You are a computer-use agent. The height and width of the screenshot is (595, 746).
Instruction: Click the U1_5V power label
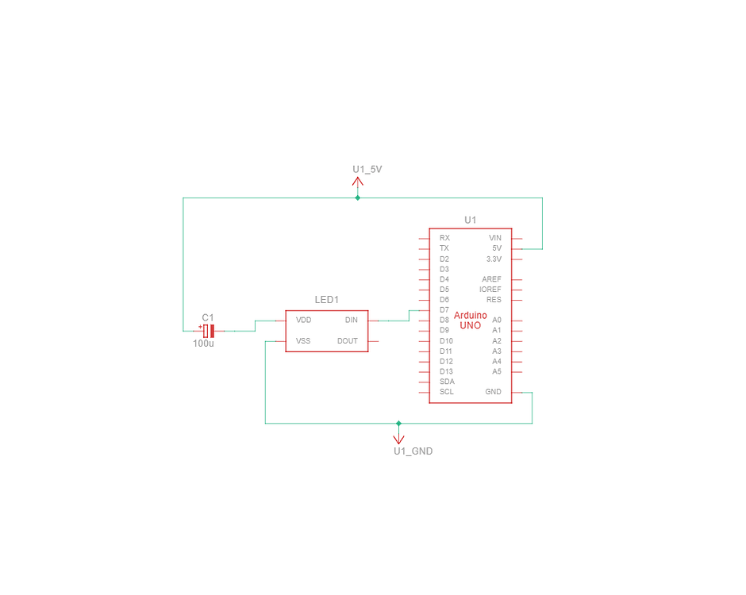367,169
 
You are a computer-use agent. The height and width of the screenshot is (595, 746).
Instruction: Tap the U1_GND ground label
413,451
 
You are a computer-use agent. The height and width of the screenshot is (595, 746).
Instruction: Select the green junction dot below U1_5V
358,198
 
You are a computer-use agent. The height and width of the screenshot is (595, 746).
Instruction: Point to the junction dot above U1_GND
398,424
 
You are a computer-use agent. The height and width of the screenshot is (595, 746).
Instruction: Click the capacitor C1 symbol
209,331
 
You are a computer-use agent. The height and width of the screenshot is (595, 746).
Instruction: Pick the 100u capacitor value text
203,344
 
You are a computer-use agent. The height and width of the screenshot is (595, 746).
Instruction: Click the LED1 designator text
326,300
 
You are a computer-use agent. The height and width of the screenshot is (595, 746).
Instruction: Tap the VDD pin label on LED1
303,320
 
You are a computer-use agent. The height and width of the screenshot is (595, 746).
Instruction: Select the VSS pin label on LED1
303,341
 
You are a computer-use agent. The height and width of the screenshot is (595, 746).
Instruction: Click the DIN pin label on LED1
351,320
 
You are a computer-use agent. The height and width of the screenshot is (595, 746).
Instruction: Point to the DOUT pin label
348,341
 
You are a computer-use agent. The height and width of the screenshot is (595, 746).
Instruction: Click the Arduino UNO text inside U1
470,321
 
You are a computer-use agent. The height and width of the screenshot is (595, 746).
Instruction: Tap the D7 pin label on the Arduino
444,310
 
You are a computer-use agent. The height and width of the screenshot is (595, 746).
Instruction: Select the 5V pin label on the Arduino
497,248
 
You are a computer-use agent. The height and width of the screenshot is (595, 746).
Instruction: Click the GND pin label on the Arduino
493,392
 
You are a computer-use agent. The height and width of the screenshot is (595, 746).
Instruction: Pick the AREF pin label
491,279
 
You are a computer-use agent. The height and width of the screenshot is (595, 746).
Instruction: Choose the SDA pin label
447,382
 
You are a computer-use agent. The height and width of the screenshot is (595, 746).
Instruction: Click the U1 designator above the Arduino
470,220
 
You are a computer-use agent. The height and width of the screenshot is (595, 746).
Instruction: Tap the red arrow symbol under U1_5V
358,182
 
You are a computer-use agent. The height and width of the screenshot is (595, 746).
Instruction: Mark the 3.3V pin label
494,259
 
